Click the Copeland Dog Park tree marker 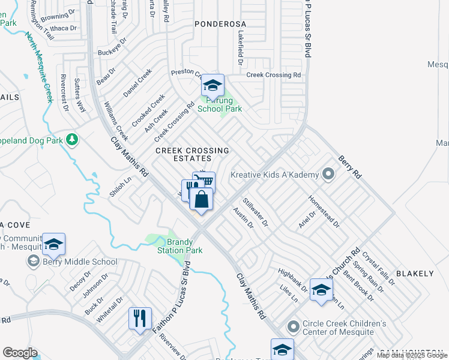(73, 140)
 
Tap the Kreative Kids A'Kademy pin (328, 175)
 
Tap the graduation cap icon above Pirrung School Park (212, 85)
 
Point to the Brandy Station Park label (176, 246)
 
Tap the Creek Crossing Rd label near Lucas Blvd (274, 75)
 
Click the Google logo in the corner (20, 353)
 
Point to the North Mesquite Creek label (40, 66)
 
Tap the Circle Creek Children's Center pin (293, 327)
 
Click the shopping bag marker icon (202, 199)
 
